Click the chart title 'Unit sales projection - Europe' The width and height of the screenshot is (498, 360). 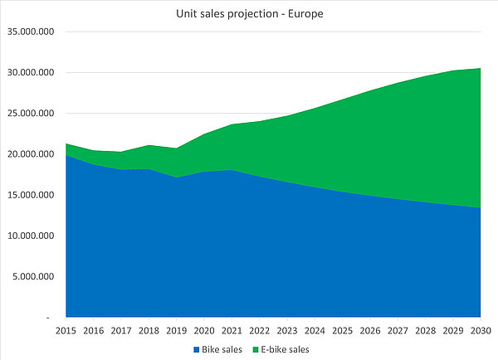(x=249, y=13)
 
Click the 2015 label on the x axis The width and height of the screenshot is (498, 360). (x=66, y=331)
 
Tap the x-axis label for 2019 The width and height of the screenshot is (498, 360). (x=177, y=331)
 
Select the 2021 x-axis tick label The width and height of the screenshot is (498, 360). (x=232, y=331)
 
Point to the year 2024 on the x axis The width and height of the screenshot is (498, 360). (x=315, y=331)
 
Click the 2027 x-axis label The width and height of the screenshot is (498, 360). (x=398, y=331)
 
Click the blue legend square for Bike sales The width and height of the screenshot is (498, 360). (x=196, y=349)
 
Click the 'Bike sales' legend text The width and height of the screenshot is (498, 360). (x=222, y=349)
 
